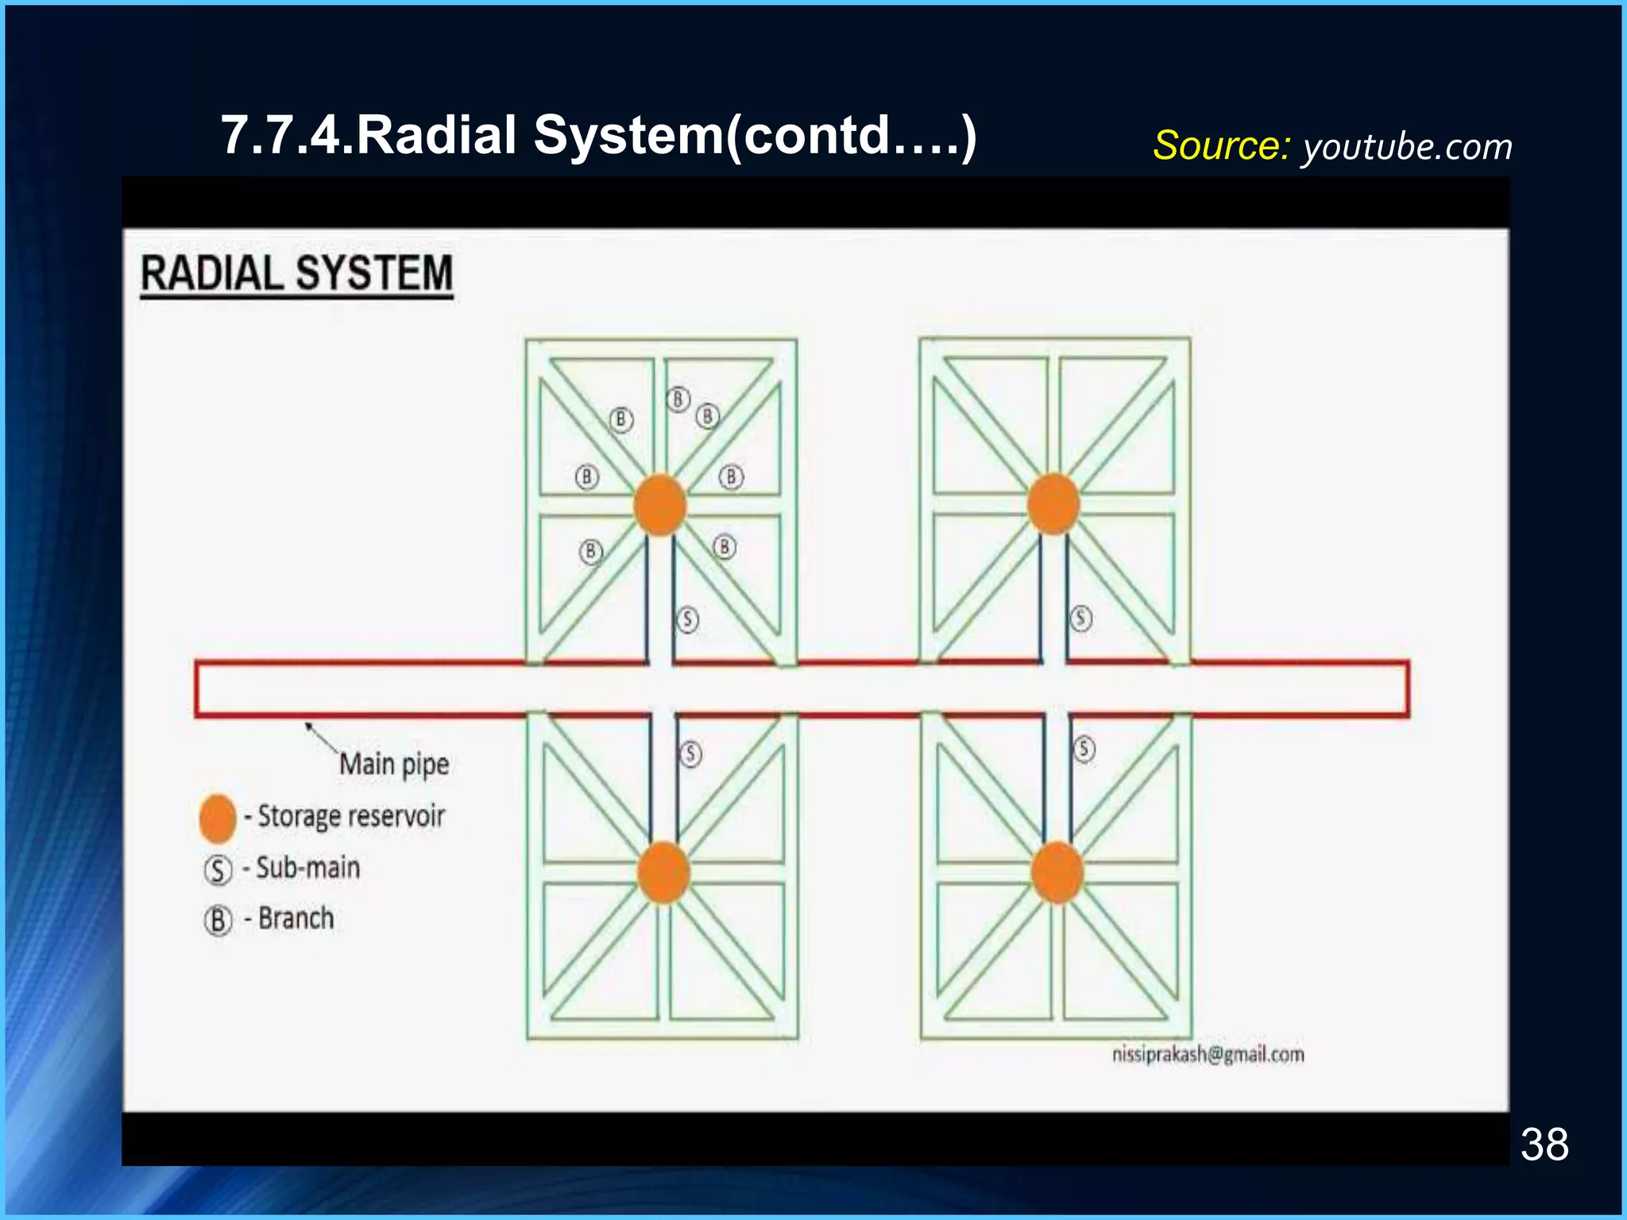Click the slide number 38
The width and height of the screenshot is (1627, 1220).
point(1544,1145)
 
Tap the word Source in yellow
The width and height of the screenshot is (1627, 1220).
point(1219,146)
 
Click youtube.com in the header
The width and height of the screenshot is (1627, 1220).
point(1407,148)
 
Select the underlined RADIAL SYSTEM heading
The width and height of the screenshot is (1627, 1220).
point(296,274)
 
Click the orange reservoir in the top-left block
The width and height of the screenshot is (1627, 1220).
point(659,505)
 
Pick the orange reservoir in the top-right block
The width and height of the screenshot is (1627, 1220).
point(1053,504)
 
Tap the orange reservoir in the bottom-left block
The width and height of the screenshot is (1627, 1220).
point(663,873)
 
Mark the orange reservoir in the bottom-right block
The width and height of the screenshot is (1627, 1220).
point(1057,873)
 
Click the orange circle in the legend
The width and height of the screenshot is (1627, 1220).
point(218,818)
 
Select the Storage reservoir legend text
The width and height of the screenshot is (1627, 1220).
point(351,817)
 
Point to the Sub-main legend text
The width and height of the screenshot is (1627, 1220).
point(308,867)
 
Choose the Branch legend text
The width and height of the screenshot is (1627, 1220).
point(296,919)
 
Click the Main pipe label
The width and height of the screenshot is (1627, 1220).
point(394,764)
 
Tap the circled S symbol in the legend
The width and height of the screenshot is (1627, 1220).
point(218,871)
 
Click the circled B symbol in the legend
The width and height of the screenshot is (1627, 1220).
point(218,921)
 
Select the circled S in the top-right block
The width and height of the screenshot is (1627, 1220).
point(1081,618)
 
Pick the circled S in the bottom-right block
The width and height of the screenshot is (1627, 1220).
point(1084,749)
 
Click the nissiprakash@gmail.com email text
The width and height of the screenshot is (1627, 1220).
point(1208,1055)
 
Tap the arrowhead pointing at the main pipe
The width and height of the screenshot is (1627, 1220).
point(309,724)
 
